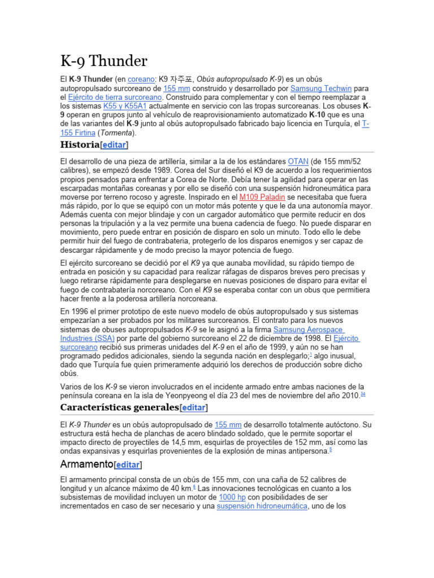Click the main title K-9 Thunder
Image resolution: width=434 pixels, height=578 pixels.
point(103,61)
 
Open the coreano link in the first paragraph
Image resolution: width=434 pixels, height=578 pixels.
point(141,80)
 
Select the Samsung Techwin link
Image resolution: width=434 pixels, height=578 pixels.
point(322,89)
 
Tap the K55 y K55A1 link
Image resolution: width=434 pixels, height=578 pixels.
point(125,106)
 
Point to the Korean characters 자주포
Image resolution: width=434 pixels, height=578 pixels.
point(181,80)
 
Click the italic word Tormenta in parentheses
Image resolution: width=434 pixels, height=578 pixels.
point(118,133)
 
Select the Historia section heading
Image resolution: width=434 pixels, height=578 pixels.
point(80,145)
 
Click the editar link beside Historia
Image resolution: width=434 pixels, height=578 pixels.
point(114,146)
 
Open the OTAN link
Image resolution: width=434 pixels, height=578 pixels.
point(298,161)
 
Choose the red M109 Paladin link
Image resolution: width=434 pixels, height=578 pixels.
point(262,198)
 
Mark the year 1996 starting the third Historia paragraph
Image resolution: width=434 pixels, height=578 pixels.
point(82,312)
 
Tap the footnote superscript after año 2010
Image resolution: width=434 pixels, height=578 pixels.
point(362,394)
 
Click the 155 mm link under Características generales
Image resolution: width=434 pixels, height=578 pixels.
point(228,424)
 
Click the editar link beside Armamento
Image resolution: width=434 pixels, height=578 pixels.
point(128,465)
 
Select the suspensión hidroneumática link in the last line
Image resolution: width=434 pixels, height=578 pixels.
point(262,506)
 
